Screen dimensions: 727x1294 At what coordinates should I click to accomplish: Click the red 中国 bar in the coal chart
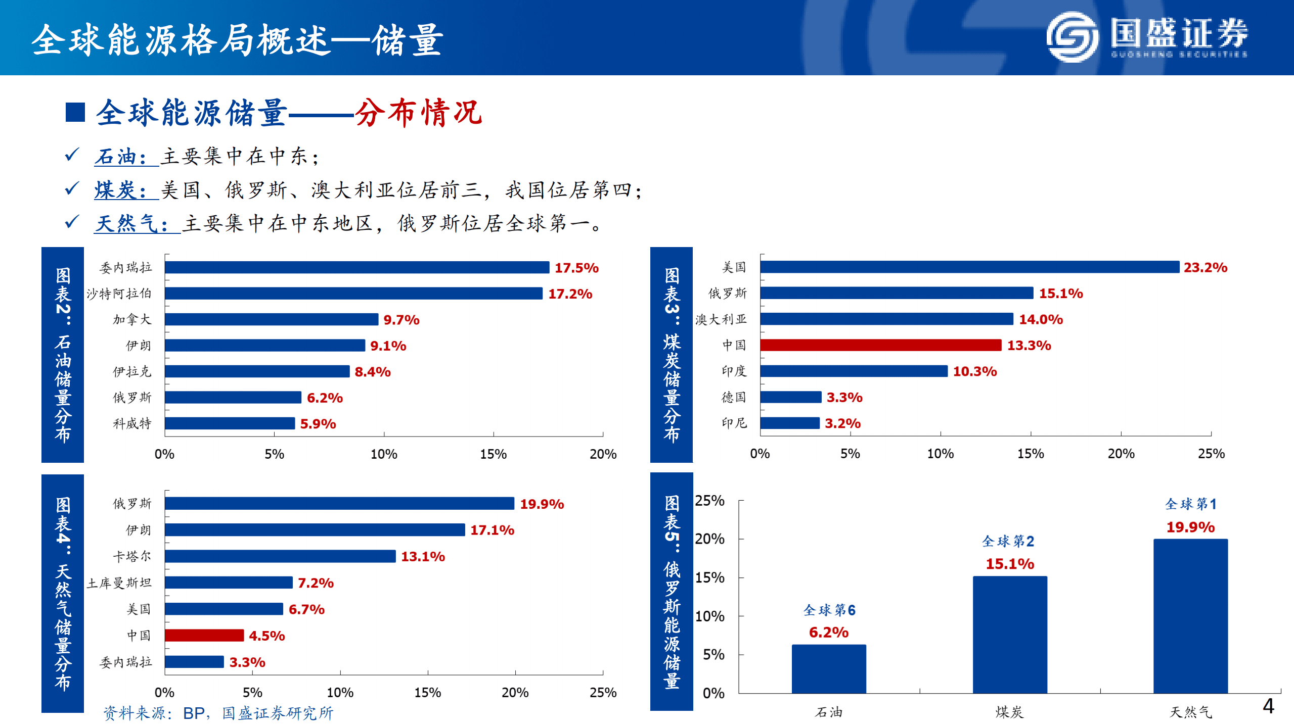tap(880, 345)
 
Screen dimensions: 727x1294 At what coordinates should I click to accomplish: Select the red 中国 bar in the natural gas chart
tap(204, 635)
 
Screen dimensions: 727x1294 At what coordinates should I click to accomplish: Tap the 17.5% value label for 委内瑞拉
tap(576, 268)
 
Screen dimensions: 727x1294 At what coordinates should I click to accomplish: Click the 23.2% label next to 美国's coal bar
tap(1206, 267)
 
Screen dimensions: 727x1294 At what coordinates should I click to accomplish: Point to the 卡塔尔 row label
tap(131, 556)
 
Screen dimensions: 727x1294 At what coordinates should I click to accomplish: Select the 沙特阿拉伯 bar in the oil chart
tap(353, 294)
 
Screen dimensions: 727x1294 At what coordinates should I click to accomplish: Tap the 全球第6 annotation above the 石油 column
tap(829, 610)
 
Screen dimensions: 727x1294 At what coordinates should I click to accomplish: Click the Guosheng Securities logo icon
tap(1072, 37)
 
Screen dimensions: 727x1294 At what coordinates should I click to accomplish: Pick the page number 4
tap(1268, 706)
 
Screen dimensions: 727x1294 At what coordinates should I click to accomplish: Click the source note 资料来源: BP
tap(218, 713)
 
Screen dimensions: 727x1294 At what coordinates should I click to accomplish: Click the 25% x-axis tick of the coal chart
tap(1211, 453)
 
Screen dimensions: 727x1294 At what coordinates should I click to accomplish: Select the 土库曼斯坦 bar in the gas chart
tap(229, 583)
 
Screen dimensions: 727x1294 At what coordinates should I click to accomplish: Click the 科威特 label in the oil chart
tap(132, 423)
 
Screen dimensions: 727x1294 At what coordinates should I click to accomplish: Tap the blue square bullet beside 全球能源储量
tap(75, 112)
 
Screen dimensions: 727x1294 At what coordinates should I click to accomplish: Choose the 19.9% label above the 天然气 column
tap(1190, 527)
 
